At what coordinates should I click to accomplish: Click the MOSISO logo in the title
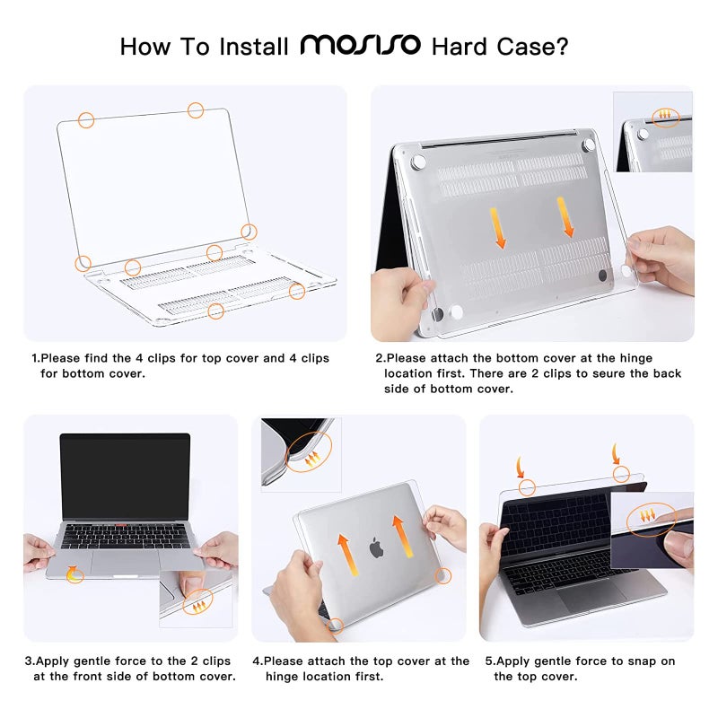click(x=360, y=45)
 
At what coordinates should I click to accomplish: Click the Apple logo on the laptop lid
click(x=375, y=546)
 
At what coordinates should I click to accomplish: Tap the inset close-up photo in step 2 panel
click(x=653, y=132)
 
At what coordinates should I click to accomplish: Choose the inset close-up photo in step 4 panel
click(x=297, y=452)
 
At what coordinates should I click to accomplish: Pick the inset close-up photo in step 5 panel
click(x=652, y=530)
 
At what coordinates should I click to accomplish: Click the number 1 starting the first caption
click(x=34, y=358)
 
